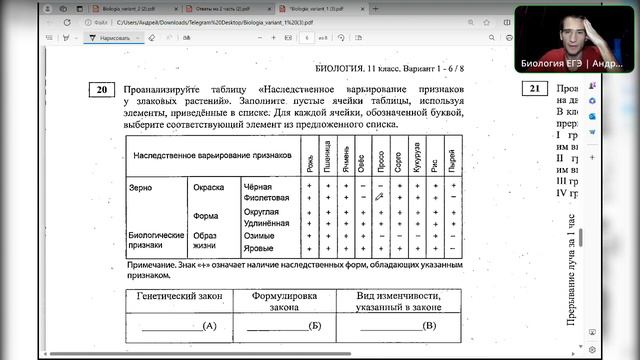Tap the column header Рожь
click(311, 161)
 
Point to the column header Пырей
click(453, 161)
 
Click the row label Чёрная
click(258, 186)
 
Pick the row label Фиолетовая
click(266, 198)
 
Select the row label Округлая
click(265, 211)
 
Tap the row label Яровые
click(260, 248)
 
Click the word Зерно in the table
click(141, 186)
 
